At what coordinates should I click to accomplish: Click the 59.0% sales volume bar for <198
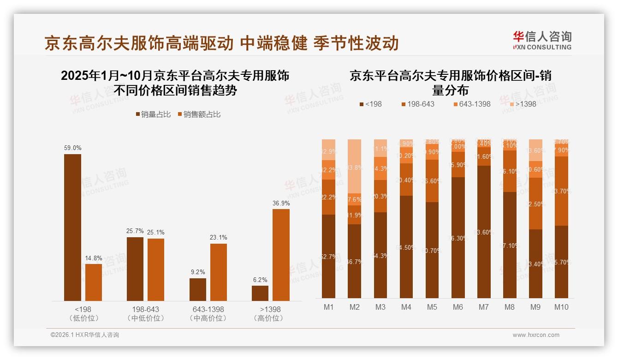coord(72,228)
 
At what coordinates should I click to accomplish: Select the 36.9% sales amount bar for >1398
coord(281,255)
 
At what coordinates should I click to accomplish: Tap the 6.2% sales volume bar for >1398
coord(260,293)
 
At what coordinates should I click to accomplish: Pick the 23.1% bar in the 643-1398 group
coord(219,272)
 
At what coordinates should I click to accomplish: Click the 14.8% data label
coord(94,258)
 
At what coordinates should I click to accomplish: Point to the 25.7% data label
coord(135,231)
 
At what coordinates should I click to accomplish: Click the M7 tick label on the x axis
coord(483,307)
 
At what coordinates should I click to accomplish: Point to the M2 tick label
coord(354,307)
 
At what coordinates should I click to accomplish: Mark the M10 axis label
coord(561,307)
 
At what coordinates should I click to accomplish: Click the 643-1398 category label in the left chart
coord(208,309)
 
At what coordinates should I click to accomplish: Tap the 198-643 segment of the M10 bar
coord(561,191)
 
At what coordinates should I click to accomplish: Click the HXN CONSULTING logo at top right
coord(542,41)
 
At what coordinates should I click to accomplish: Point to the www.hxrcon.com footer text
coord(536,335)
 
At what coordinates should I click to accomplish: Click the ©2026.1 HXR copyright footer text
coord(85,335)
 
